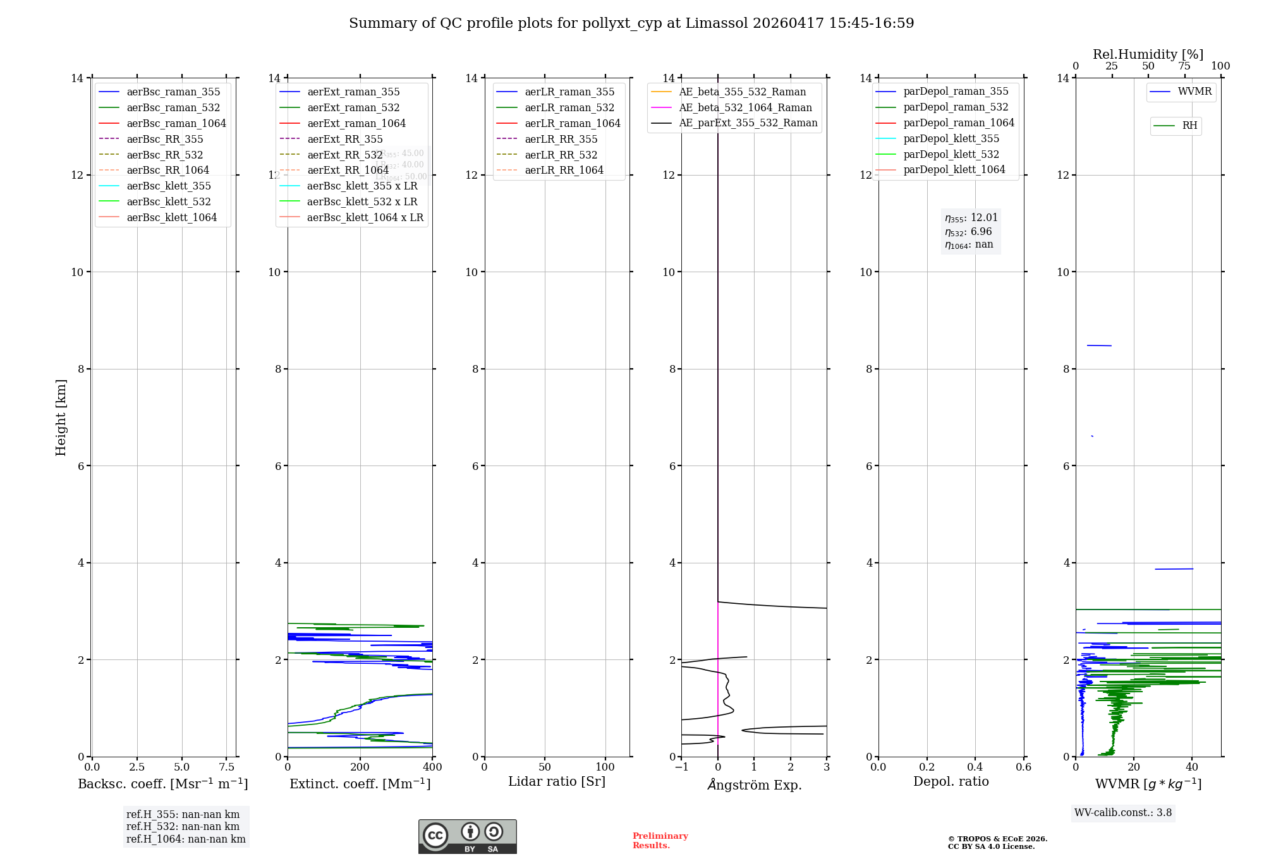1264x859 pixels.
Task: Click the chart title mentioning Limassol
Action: [631, 23]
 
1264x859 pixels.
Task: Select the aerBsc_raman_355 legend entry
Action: [173, 92]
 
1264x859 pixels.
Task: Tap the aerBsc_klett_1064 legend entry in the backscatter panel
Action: [171, 217]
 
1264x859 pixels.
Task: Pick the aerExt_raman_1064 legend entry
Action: [356, 123]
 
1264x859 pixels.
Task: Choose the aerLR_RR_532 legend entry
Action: [561, 155]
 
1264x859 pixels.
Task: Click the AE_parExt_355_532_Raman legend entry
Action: [748, 123]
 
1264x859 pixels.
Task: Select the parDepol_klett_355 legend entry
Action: [951, 138]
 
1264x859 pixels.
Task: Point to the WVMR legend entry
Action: [1194, 92]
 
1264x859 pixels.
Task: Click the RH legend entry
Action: [1189, 126]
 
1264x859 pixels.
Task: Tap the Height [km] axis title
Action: [61, 417]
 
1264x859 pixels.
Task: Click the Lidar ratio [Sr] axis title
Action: [557, 782]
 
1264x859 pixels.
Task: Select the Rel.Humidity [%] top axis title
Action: [1148, 54]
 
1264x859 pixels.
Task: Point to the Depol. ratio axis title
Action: [951, 782]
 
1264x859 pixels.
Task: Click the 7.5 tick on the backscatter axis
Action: [227, 767]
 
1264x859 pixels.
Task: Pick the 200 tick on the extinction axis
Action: [360, 767]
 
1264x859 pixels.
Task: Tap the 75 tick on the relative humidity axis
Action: [1184, 66]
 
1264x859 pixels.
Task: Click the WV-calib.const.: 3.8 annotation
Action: [1123, 813]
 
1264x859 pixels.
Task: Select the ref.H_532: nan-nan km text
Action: [183, 827]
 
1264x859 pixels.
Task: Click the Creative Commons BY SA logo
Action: [467, 837]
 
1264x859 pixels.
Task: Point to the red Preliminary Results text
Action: [660, 841]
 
